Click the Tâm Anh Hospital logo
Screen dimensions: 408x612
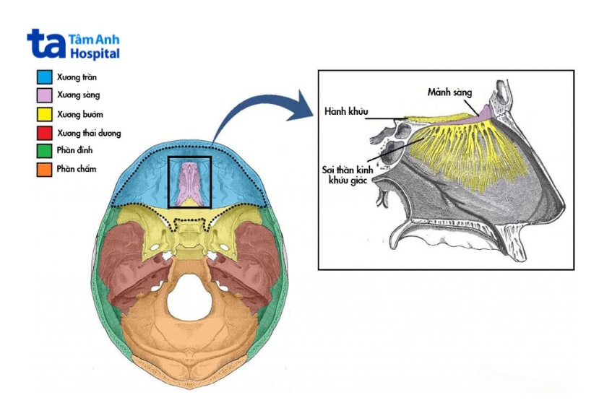73,45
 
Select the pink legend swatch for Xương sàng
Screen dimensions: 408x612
45,95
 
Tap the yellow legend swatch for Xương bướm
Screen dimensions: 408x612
45,114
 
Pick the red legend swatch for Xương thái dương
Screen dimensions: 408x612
45,133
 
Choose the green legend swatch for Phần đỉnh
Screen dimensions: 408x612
45,151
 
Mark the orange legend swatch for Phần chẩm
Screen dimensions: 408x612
45,170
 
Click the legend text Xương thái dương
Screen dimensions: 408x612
89,133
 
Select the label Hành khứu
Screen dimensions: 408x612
347,112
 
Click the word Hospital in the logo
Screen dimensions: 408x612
95,54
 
